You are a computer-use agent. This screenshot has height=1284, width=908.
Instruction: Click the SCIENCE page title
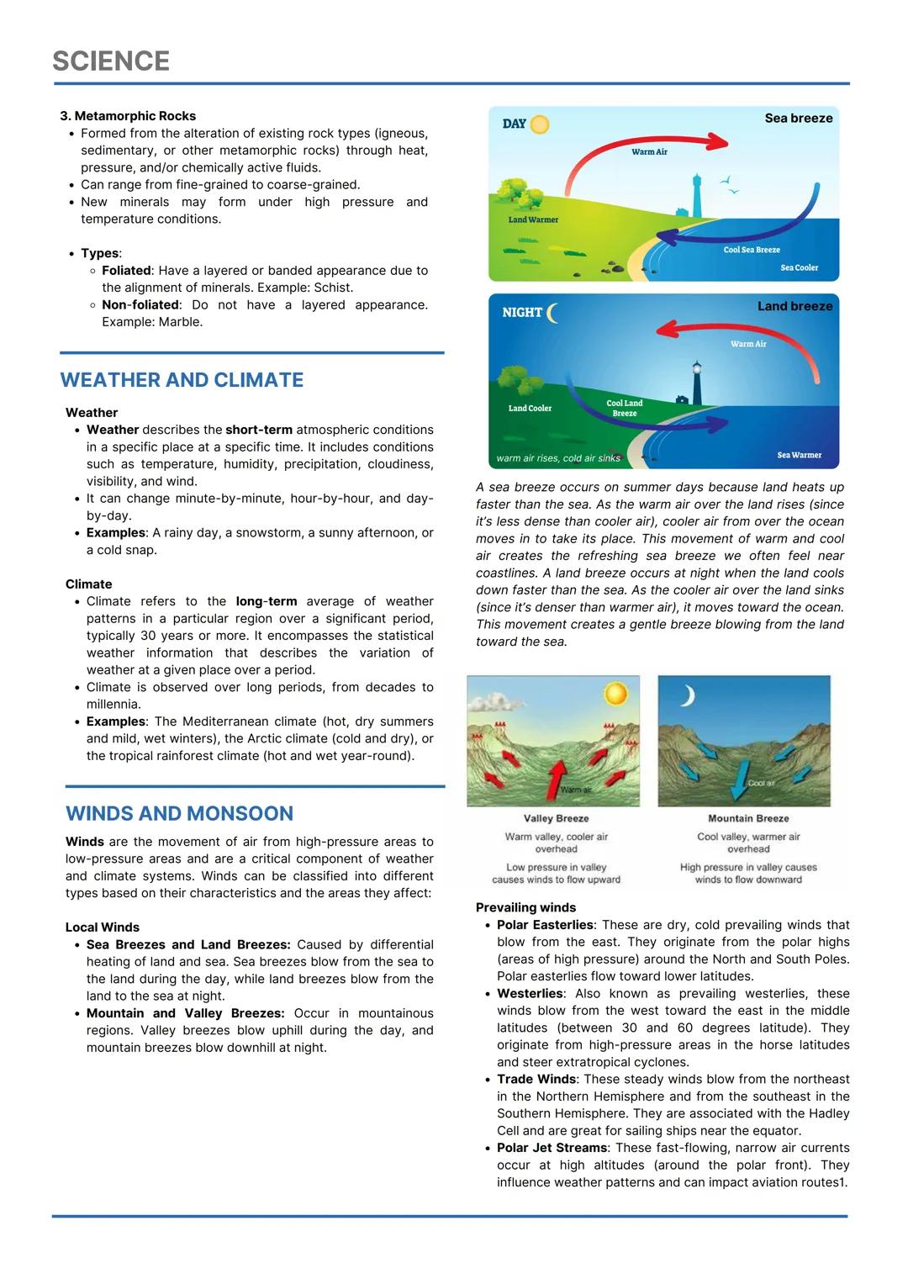(111, 61)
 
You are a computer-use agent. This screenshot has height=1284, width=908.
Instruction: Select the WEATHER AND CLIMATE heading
(182, 380)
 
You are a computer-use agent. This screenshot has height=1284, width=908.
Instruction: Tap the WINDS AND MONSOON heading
(179, 814)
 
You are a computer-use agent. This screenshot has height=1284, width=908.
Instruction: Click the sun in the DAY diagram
(539, 124)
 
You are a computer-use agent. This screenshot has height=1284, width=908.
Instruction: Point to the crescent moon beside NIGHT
(552, 313)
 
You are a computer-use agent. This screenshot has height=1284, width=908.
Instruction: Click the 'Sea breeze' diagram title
(798, 119)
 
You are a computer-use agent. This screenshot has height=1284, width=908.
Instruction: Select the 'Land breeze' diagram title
(794, 306)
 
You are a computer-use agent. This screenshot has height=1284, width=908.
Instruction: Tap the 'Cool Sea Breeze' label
(752, 250)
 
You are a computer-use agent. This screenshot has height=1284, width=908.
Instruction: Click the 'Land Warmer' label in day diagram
(533, 219)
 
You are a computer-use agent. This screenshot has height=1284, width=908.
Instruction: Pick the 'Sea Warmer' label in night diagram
(799, 455)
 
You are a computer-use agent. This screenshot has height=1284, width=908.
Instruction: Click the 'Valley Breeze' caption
(556, 818)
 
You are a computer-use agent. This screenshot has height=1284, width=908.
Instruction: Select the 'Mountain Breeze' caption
(748, 818)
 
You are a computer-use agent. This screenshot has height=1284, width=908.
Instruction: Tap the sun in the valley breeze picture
(616, 694)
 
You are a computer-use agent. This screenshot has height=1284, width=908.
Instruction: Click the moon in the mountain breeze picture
(688, 696)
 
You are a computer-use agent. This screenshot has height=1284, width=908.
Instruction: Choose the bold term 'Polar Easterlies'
(545, 925)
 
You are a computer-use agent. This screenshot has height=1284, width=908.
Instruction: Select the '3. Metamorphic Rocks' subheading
(128, 116)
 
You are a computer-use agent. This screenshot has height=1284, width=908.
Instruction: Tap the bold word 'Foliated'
(126, 271)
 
